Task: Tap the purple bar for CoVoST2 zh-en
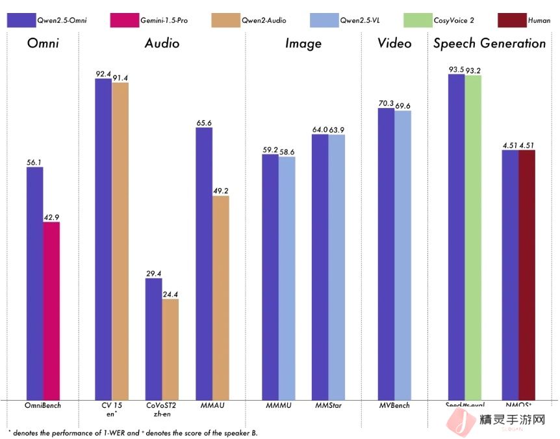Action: coord(153,338)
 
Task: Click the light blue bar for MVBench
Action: coord(403,254)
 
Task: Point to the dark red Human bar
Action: coord(527,274)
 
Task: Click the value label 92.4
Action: coord(103,73)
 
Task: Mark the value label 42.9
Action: coord(51,217)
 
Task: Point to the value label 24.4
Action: coord(170,294)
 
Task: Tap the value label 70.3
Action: coord(386,103)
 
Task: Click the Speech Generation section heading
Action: coord(489,44)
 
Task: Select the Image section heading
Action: coord(303,44)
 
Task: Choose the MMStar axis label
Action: coord(328,406)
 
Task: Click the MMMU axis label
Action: coord(278,406)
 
